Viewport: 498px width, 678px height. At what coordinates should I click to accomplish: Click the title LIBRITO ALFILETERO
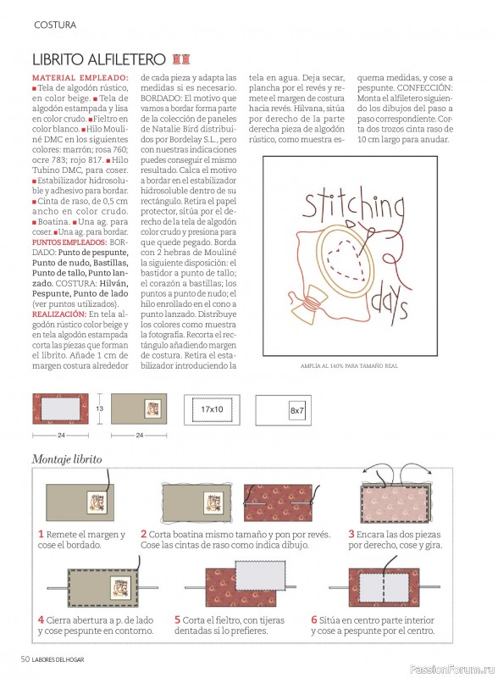[99, 59]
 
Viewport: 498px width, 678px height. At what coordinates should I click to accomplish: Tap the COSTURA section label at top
[55, 25]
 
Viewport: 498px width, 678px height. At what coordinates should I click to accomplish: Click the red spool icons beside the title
[181, 58]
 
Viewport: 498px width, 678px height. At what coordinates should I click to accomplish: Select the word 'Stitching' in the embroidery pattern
[353, 207]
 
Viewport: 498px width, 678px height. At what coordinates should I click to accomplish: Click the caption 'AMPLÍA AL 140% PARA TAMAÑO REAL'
[349, 366]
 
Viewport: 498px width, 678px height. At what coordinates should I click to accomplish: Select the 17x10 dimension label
[212, 408]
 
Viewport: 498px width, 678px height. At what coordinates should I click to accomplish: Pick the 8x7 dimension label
[297, 410]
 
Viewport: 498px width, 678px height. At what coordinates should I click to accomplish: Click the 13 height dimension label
[100, 408]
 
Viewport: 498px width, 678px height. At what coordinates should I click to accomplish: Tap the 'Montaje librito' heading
[67, 459]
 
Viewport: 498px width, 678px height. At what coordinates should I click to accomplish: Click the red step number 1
[41, 534]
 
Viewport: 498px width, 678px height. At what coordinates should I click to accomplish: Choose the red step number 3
[351, 534]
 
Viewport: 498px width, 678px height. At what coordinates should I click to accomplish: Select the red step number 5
[177, 620]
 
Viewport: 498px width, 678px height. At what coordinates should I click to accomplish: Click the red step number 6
[314, 620]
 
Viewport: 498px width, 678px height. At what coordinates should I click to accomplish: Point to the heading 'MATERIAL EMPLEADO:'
[80, 78]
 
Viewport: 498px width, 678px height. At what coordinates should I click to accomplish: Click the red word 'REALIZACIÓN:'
[59, 314]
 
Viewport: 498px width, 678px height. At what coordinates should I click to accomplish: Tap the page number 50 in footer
[25, 659]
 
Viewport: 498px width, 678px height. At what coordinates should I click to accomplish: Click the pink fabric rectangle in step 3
[395, 504]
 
